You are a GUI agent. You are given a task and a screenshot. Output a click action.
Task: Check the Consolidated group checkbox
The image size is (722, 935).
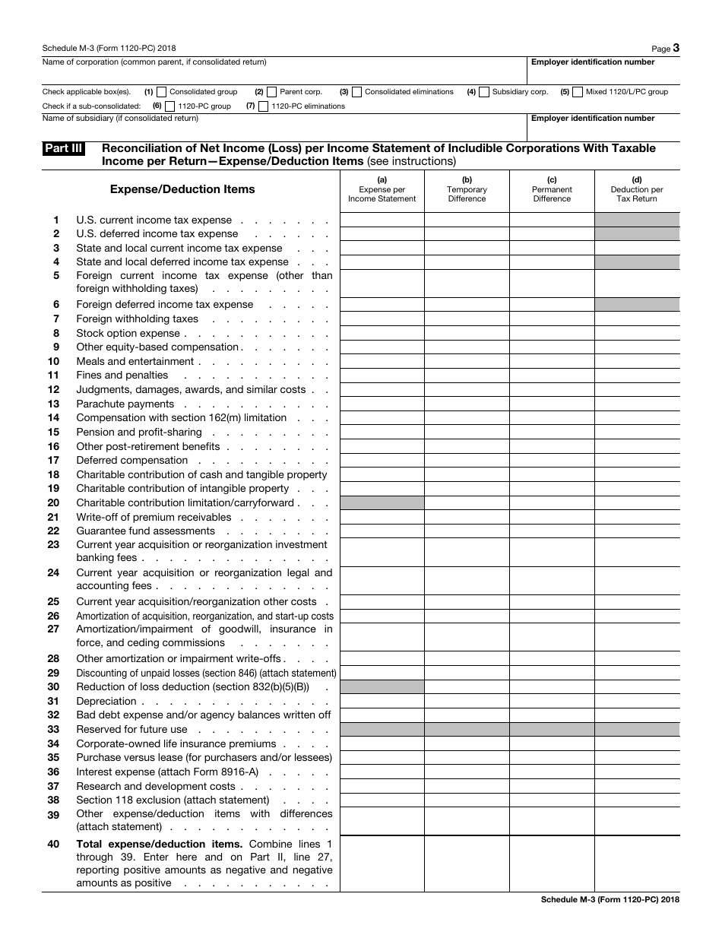point(161,92)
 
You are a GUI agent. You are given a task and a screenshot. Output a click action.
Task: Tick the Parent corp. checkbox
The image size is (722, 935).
point(272,92)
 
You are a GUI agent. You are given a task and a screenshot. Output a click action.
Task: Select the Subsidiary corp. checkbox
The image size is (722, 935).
point(484,92)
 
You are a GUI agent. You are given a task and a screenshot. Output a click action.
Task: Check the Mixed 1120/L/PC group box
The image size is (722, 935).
point(578,92)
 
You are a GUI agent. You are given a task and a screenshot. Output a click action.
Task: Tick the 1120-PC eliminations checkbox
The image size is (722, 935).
point(264,106)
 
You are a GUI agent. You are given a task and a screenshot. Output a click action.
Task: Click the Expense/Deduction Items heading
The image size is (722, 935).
point(182,189)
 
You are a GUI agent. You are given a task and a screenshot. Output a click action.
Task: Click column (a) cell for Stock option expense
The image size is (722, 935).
point(382,333)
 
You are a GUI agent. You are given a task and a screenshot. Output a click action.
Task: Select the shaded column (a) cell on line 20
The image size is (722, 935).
point(382,502)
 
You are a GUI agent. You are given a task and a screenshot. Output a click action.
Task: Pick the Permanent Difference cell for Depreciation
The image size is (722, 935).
point(552,701)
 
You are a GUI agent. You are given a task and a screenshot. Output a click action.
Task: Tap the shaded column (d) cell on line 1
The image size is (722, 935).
point(637,220)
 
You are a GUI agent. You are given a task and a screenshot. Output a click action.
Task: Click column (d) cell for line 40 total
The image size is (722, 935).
point(637,864)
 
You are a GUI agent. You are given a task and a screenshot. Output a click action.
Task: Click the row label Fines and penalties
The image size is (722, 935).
point(122,376)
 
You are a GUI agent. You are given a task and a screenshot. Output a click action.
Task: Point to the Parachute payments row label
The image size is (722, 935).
point(125,404)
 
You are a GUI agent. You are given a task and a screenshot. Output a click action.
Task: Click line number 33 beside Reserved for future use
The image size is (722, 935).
point(53,730)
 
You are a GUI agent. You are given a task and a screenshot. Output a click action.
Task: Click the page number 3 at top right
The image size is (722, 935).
point(676,48)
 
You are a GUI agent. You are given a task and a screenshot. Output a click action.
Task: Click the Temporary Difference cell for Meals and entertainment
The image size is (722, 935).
point(467,361)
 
